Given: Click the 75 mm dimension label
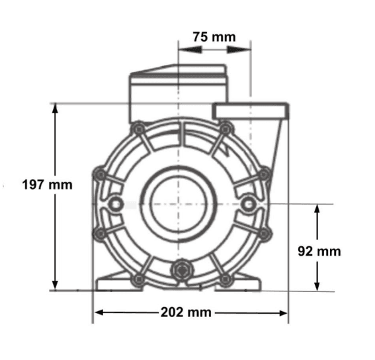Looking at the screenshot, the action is coord(214,37).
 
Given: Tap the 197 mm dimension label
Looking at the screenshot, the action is coord(47,185).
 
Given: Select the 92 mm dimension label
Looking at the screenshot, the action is coord(319,251).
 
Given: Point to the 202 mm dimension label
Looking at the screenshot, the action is coord(186,312).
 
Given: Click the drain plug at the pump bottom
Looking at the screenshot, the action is coord(183,270).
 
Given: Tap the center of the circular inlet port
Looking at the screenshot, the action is coord(179,204).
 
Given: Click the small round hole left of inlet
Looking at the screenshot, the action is coord(116,204).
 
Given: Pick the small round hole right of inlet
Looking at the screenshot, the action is coord(249,204).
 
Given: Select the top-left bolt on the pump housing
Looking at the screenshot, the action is coord(138,129).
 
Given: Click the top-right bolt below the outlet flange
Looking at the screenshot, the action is coord(226,129).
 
